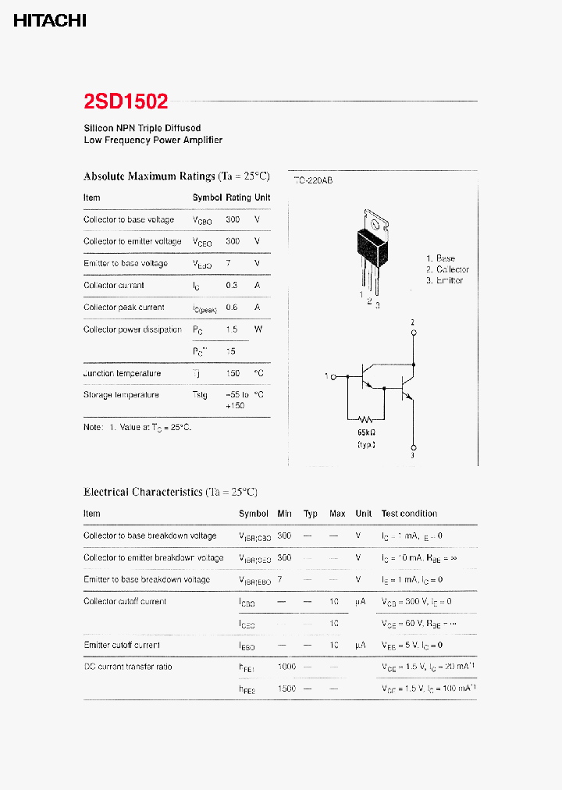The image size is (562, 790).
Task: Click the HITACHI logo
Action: coord(50,21)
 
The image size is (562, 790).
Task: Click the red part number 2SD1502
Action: coord(125,101)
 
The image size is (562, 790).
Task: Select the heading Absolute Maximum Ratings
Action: coord(176,176)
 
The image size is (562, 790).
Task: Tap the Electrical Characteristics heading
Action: coord(170,492)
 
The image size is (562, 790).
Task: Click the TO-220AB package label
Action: coord(313,180)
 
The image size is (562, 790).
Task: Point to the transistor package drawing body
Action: coord(372,245)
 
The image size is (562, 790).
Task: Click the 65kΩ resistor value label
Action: coord(367,432)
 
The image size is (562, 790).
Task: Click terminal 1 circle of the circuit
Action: coord(333,377)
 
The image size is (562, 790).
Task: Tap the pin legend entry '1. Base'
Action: coord(441,258)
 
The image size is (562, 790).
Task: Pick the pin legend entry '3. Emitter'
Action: coord(445,280)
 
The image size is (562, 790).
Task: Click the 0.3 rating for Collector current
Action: coord(231,286)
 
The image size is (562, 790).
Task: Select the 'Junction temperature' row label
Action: coord(122,373)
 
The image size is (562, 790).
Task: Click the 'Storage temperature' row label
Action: coord(121,395)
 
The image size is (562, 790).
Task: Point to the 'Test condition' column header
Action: coord(409,514)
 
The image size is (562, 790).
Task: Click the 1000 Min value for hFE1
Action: coord(286,667)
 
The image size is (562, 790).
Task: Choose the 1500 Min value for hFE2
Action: coord(286,689)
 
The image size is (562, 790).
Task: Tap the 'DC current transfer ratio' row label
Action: coord(127,667)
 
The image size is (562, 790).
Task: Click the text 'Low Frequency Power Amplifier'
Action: coord(153,141)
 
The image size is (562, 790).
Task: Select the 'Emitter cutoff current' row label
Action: coord(122,646)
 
